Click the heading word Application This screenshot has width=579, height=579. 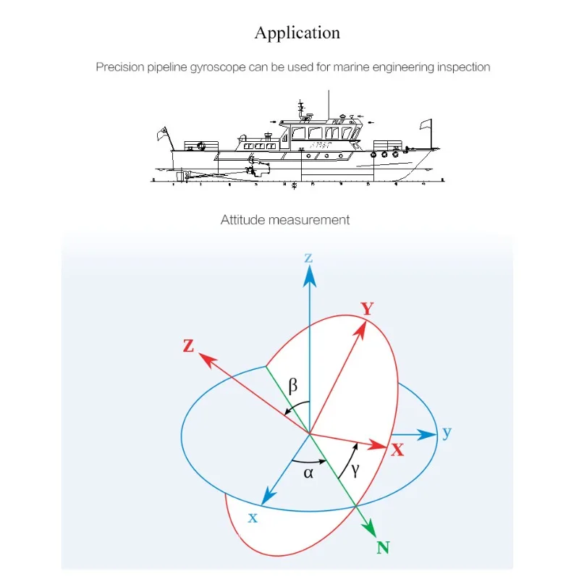pos(297,33)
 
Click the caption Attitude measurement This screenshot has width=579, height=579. pos(285,219)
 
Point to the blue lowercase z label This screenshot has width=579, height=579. pos(309,258)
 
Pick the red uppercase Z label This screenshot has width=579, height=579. pos(189,346)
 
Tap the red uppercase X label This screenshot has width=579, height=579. pos(397,449)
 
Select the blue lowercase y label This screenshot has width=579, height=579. pos(447,433)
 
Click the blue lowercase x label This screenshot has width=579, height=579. pos(253,517)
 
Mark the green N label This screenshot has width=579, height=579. pos(383,547)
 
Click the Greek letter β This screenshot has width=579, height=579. pos(293,386)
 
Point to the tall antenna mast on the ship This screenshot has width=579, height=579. pos(329,101)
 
